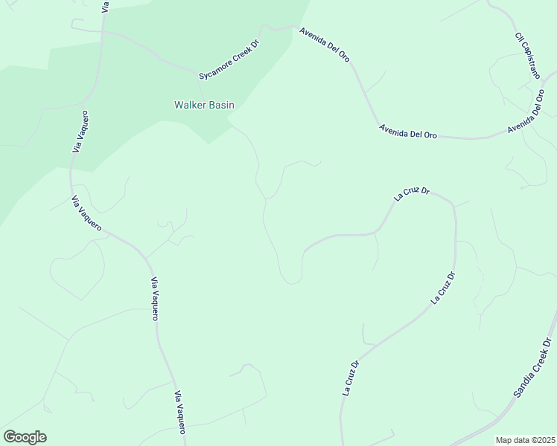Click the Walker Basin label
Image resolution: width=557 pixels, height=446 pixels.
[x=204, y=106]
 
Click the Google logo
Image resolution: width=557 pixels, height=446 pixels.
[x=25, y=437]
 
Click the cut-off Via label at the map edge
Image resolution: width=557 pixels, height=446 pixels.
[x=106, y=5]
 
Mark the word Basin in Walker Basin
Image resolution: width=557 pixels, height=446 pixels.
[x=221, y=106]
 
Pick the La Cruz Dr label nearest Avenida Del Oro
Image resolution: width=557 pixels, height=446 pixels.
[x=411, y=194]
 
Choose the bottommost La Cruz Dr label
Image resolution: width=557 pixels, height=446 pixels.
[x=351, y=378]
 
